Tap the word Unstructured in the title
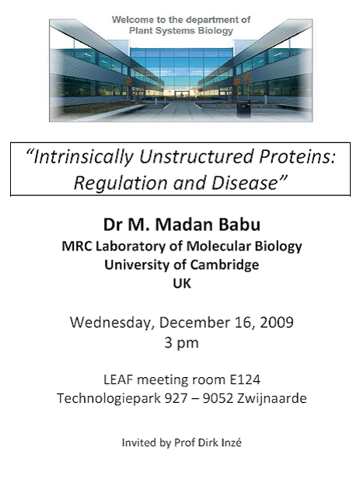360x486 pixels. click(x=197, y=156)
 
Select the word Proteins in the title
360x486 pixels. click(x=298, y=156)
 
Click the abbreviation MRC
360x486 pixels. click(x=77, y=246)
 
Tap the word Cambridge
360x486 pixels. click(x=224, y=264)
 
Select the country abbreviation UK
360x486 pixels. click(x=182, y=283)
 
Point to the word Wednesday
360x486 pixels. click(x=112, y=323)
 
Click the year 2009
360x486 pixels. click(x=276, y=323)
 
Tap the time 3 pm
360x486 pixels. click(x=181, y=343)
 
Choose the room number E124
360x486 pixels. click(x=245, y=379)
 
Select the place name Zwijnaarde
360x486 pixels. click(x=271, y=398)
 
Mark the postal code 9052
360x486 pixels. click(x=218, y=398)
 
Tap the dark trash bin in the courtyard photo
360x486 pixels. click(x=243, y=109)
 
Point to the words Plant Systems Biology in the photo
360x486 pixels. click(x=181, y=30)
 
